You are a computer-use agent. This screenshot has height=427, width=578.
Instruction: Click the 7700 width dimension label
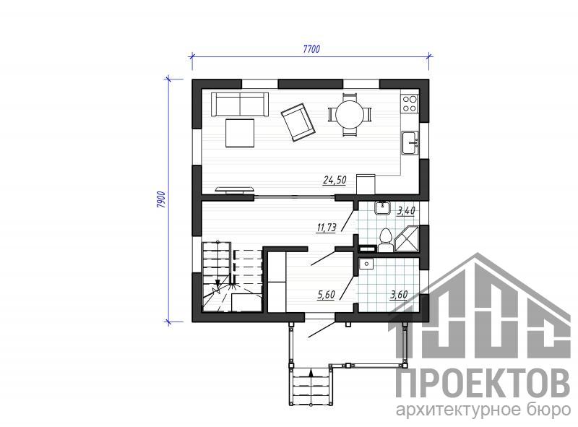(311, 49)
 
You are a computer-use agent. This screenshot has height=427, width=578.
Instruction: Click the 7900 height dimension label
(160, 200)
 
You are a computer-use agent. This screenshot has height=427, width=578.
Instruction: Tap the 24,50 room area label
(335, 181)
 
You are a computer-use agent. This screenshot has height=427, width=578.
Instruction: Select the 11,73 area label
(327, 228)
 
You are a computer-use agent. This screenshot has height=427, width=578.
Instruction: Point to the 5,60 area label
(326, 295)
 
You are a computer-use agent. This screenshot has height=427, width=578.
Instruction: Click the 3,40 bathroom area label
(406, 211)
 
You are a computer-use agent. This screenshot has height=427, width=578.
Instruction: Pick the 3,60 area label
(399, 295)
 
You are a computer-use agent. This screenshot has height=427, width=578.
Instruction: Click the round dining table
(350, 114)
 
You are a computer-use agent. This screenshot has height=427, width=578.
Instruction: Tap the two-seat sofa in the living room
(240, 104)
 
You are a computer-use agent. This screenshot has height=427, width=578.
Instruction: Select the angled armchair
(298, 122)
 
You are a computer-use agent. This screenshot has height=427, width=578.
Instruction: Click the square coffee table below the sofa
(240, 133)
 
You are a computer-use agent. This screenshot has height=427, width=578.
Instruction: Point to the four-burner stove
(410, 103)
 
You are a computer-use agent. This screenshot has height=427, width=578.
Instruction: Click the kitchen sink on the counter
(410, 143)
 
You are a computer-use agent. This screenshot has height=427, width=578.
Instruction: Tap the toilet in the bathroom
(386, 241)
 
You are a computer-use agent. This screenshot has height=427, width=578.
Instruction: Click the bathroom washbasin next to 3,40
(383, 208)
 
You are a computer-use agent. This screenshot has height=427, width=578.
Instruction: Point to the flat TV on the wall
(234, 189)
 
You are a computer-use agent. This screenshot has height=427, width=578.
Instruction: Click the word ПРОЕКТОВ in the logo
(483, 384)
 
